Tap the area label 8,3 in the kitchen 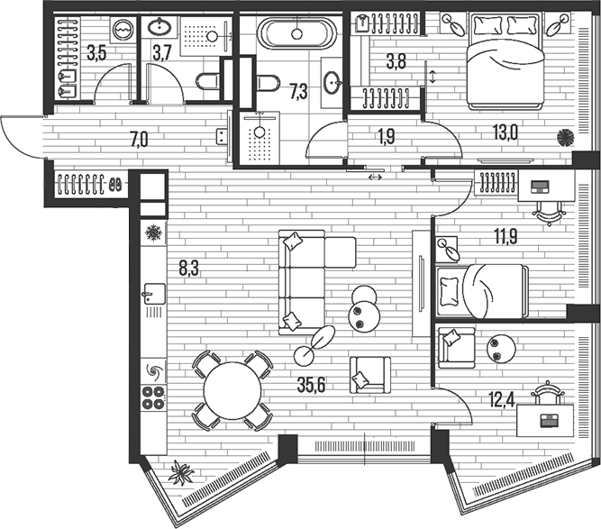pyautogui.click(x=190, y=268)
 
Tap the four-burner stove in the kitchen pyautogui.click(x=153, y=397)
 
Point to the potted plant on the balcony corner pyautogui.click(x=183, y=473)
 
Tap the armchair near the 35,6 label pyautogui.click(x=370, y=374)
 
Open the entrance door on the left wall pyautogui.click(x=23, y=137)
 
